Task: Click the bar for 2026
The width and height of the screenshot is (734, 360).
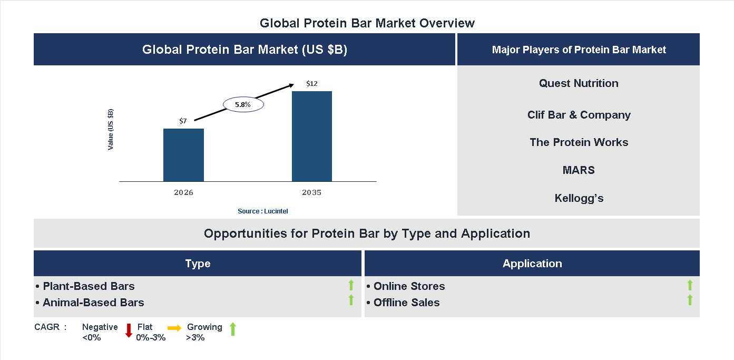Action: click(183, 155)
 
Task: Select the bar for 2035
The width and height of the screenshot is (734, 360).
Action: click(312, 137)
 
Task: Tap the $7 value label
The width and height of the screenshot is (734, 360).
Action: click(183, 121)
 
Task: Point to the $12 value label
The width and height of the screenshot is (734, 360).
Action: click(312, 84)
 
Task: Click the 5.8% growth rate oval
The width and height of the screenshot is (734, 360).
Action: click(243, 105)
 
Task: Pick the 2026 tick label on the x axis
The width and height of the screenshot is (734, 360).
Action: click(183, 192)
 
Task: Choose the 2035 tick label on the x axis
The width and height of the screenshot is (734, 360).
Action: click(312, 192)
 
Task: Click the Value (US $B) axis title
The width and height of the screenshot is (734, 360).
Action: click(111, 130)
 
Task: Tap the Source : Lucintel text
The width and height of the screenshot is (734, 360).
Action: click(263, 211)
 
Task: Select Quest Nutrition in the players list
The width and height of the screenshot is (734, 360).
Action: click(579, 83)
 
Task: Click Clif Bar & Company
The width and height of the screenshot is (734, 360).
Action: click(579, 115)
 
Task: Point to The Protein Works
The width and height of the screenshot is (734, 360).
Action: click(579, 142)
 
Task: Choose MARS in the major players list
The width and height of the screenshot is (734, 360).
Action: click(579, 170)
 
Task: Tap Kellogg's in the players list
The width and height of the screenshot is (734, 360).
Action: click(579, 198)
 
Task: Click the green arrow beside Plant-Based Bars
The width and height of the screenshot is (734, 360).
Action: click(351, 286)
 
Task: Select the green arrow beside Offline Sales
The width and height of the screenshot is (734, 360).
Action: click(690, 300)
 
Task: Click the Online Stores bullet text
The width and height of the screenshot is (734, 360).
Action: click(409, 286)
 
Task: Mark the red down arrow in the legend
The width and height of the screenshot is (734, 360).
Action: click(129, 330)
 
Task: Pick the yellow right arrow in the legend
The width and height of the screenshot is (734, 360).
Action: click(174, 328)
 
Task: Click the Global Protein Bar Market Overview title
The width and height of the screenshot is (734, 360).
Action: click(367, 23)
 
